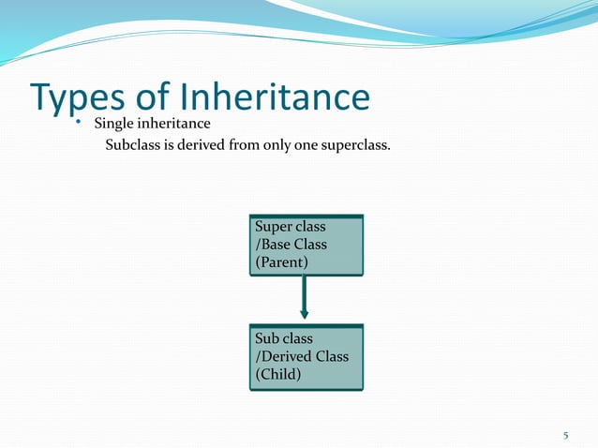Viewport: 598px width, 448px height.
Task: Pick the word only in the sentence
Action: point(278,147)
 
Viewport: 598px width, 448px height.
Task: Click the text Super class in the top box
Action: point(291,227)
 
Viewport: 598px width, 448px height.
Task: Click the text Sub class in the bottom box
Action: point(284,338)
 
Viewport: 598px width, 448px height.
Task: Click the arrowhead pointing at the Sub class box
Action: point(304,314)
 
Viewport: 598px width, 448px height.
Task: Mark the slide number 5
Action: point(565,435)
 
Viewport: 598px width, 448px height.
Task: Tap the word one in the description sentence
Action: point(310,147)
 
